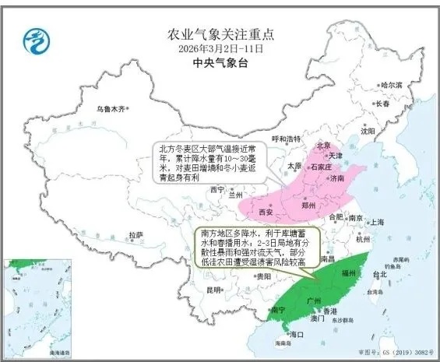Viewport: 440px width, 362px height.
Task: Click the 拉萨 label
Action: click(136, 234)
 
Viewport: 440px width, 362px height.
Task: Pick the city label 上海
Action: click(378, 222)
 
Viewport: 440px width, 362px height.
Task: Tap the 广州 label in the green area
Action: click(315, 300)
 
